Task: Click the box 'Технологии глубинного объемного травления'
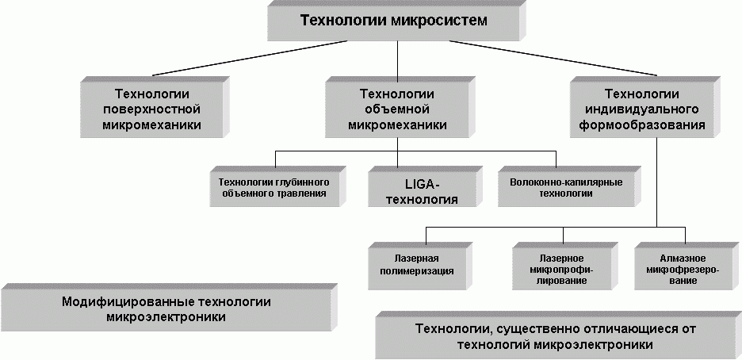coord(273,187)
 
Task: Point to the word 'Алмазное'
coord(678,259)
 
